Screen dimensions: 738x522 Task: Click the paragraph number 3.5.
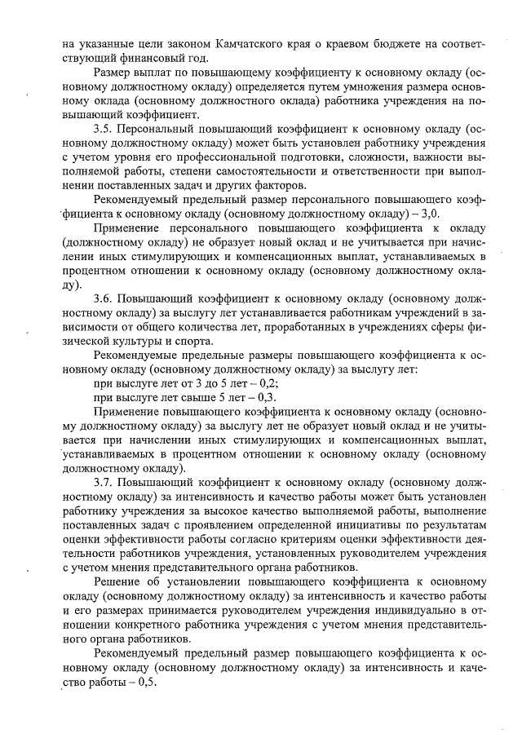point(104,129)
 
